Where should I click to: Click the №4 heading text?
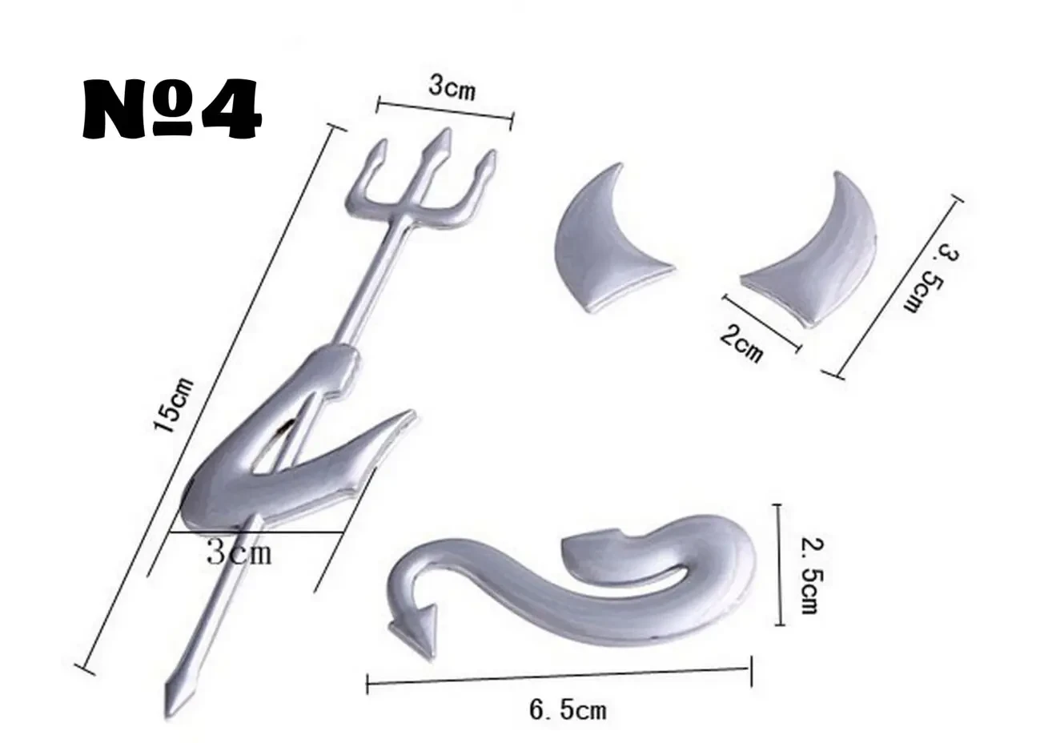tap(172, 108)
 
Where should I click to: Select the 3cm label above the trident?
tap(450, 88)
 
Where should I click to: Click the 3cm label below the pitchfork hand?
tap(239, 552)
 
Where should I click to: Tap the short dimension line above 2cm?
tap(761, 322)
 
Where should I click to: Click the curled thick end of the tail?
tap(592, 552)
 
